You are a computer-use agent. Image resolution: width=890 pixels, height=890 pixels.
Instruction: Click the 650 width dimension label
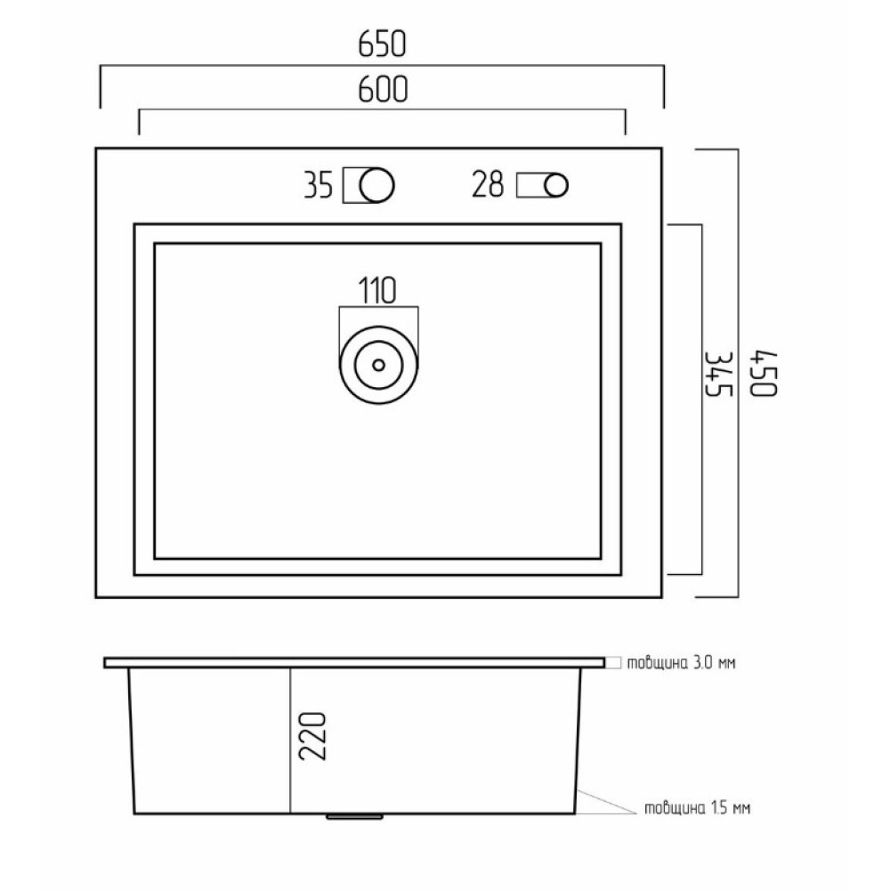pyautogui.click(x=382, y=44)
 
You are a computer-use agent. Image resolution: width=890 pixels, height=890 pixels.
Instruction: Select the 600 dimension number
pyautogui.click(x=383, y=89)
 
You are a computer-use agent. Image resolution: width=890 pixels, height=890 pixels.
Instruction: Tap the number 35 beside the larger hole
pyautogui.click(x=318, y=185)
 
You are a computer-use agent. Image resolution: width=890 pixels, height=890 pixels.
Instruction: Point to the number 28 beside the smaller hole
pyautogui.click(x=488, y=184)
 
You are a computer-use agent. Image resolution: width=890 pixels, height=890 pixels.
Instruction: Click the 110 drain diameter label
pyautogui.click(x=377, y=291)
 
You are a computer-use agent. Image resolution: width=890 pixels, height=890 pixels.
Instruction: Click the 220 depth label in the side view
pyautogui.click(x=312, y=736)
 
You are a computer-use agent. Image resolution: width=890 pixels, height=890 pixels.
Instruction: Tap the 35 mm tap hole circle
pyautogui.click(x=376, y=185)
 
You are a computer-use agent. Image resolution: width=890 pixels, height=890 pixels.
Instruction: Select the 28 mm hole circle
pyautogui.click(x=556, y=185)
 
